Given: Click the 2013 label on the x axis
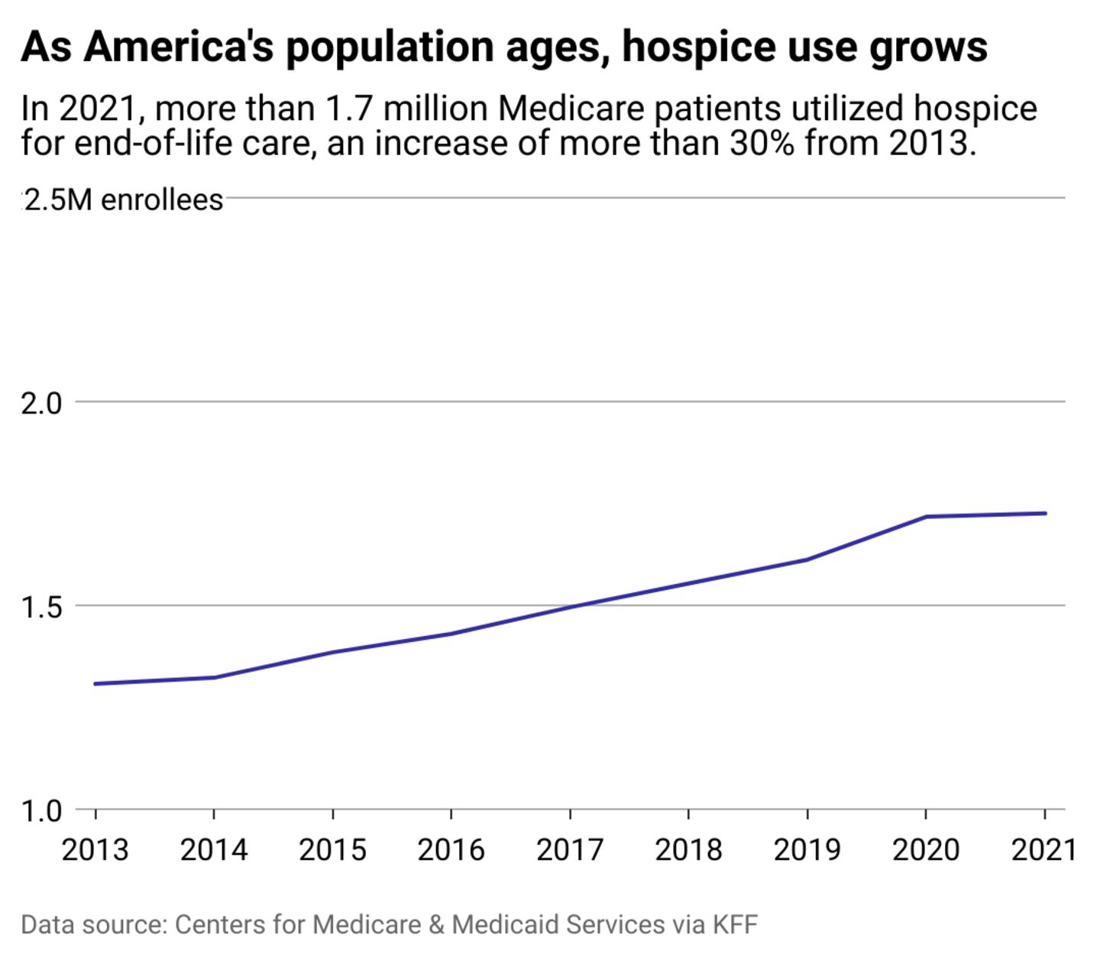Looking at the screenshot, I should pos(95,849).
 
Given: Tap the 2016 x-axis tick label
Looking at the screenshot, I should pos(451,849).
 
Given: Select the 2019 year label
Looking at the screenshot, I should pos(807,849).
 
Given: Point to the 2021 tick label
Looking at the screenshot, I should pos(1043,849).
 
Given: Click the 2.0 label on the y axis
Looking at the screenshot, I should pos(41,403).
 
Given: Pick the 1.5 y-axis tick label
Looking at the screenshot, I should pos(41,608).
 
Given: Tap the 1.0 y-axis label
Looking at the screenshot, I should pos(41,811).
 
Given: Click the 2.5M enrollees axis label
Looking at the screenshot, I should pos(123,200).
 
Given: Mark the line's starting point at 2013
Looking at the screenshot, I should pos(95,683).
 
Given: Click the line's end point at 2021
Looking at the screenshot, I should pos(1044,513).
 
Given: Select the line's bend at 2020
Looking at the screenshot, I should pos(926,517).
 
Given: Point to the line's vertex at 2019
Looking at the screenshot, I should pos(807,559).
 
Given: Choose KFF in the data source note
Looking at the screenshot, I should pos(735,924).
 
